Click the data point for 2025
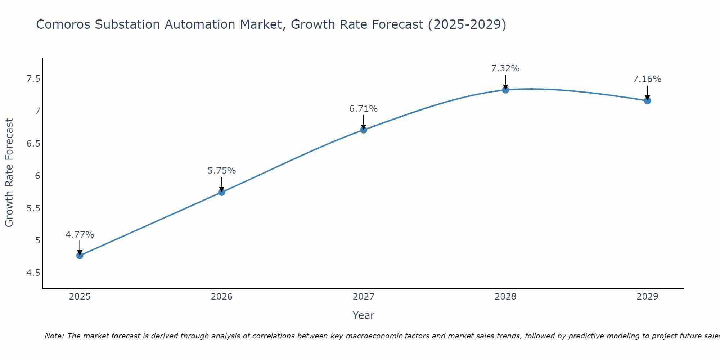(x=80, y=256)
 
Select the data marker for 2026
(x=221, y=192)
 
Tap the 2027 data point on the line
(x=364, y=130)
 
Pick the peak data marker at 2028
(x=505, y=90)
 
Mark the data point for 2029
(x=647, y=100)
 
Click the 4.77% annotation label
(x=80, y=235)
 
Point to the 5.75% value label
(x=221, y=171)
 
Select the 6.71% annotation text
(x=364, y=108)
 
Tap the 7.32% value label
(x=505, y=68)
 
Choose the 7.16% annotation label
(x=647, y=79)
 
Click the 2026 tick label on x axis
(x=221, y=297)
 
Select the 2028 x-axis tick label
(x=505, y=297)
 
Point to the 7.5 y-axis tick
(x=33, y=79)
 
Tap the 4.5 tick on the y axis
(x=33, y=273)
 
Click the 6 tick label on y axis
(x=37, y=176)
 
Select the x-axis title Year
(x=363, y=315)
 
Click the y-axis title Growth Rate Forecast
(x=9, y=173)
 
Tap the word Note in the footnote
(x=54, y=336)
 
